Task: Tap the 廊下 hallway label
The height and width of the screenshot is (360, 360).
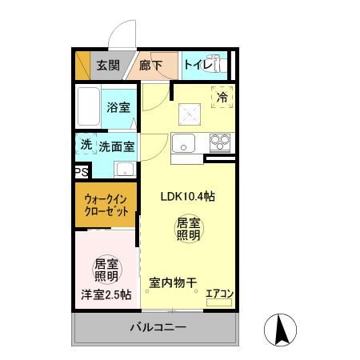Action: pos(150,66)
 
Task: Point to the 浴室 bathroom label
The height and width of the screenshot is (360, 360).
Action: pos(118,106)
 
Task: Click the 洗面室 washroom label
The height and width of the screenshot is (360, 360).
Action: pos(116,146)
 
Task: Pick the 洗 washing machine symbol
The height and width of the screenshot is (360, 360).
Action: pos(85,145)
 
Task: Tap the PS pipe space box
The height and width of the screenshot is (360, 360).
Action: pos(81,171)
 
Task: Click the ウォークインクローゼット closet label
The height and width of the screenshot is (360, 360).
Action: pos(106,208)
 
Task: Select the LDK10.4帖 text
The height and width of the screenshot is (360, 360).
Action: pos(186,196)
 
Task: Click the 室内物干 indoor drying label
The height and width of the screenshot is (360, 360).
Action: pos(173,282)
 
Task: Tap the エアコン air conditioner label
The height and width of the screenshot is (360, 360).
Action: pos(218,294)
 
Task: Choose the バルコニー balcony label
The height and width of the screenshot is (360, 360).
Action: pos(158,328)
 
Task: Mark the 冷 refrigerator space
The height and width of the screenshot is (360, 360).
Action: pos(222,96)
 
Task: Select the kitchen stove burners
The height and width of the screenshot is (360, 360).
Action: pos(219,144)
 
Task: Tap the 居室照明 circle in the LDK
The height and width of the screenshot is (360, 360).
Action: pos(188,229)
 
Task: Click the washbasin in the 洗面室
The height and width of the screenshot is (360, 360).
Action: pos(124,169)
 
